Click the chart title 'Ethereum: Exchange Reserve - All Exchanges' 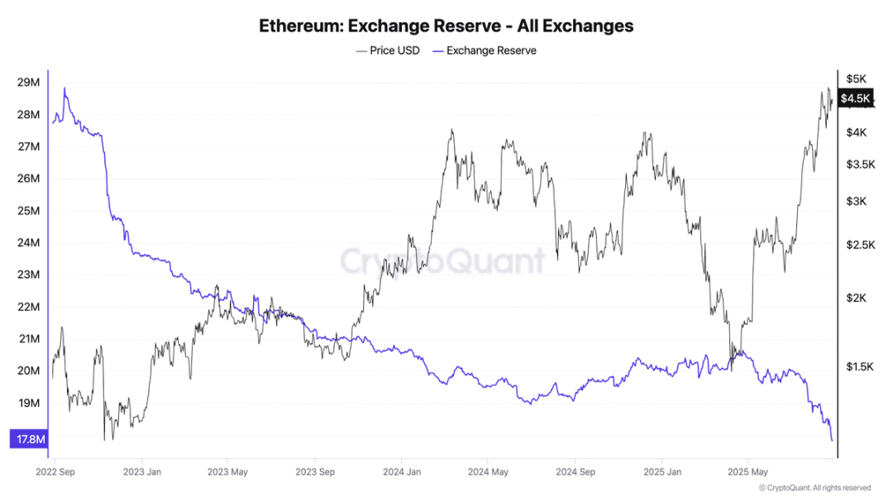click(446, 26)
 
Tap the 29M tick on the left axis click(28, 82)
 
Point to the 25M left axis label click(28, 210)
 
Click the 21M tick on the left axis click(28, 338)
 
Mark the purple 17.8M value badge click(31, 439)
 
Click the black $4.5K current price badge click(855, 99)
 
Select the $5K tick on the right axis click(856, 79)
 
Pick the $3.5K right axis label click(860, 165)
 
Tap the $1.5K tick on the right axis click(860, 366)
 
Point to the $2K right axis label click(856, 298)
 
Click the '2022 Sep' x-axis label click(57, 472)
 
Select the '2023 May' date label click(229, 472)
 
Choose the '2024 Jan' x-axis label click(401, 472)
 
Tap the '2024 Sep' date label click(575, 472)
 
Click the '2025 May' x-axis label click(747, 472)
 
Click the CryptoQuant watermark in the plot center click(443, 261)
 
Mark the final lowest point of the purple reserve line click(831, 440)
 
